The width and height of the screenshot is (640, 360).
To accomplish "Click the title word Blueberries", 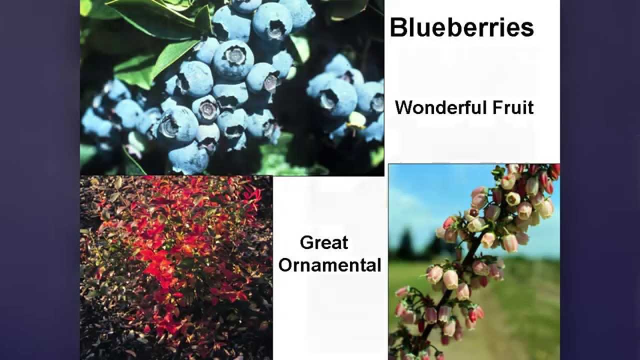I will (461, 28).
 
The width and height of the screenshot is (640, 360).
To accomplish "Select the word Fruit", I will (515, 107).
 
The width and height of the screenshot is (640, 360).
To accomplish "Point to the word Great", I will (324, 243).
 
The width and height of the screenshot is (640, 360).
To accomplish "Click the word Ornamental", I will (330, 265).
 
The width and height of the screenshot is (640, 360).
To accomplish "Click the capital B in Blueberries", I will (398, 28).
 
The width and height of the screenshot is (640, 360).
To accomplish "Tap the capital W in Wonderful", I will (404, 107).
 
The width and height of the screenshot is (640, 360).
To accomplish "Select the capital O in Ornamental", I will (285, 265).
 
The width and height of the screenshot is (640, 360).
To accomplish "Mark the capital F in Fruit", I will (501, 107).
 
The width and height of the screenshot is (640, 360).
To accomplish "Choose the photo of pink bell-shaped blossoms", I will (474, 260).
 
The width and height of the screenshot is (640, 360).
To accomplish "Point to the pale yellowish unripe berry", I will (357, 120).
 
